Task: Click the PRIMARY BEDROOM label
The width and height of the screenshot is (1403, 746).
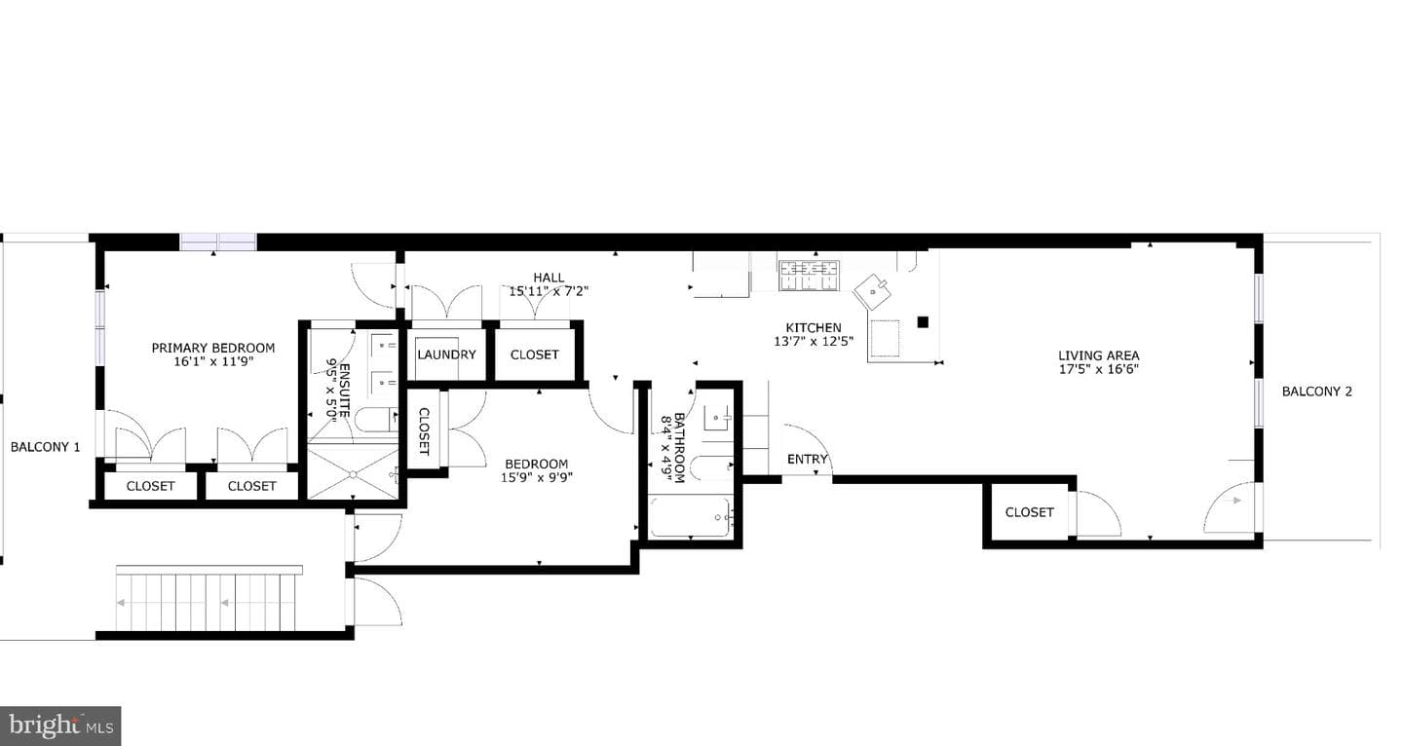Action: point(213,348)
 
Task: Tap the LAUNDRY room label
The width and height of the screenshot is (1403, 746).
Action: point(446,354)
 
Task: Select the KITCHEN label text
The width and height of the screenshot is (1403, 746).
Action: point(814,328)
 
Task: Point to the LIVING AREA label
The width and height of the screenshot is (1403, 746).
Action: point(1099,355)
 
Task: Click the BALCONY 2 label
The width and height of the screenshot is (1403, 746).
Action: point(1316,392)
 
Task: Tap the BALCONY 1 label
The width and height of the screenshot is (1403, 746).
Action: point(45,447)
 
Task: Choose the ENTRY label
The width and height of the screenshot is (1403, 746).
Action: point(808,460)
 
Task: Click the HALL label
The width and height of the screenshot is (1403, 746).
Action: point(549,278)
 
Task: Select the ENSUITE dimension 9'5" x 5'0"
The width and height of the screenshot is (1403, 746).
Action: point(332,390)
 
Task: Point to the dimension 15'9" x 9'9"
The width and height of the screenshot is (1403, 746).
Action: point(537,477)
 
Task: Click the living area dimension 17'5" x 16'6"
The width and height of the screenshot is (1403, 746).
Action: point(1099,369)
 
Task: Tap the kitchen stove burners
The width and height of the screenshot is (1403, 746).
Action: point(809,276)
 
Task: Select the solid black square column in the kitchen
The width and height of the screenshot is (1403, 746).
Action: point(923,322)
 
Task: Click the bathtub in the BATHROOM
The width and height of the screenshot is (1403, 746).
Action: point(691,516)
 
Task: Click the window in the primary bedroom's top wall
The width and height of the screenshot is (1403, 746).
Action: point(218,242)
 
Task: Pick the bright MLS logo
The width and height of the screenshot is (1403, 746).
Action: point(60,726)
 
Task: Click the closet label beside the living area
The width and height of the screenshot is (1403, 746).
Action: point(1029,512)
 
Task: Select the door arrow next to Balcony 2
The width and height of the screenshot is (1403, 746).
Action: point(1235,500)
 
